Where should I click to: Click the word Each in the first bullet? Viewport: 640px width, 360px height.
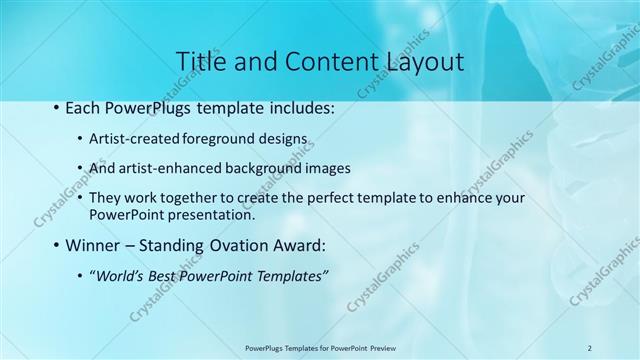83,105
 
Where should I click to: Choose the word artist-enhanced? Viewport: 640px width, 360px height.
169,168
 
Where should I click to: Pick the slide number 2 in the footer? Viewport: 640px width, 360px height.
589,347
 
